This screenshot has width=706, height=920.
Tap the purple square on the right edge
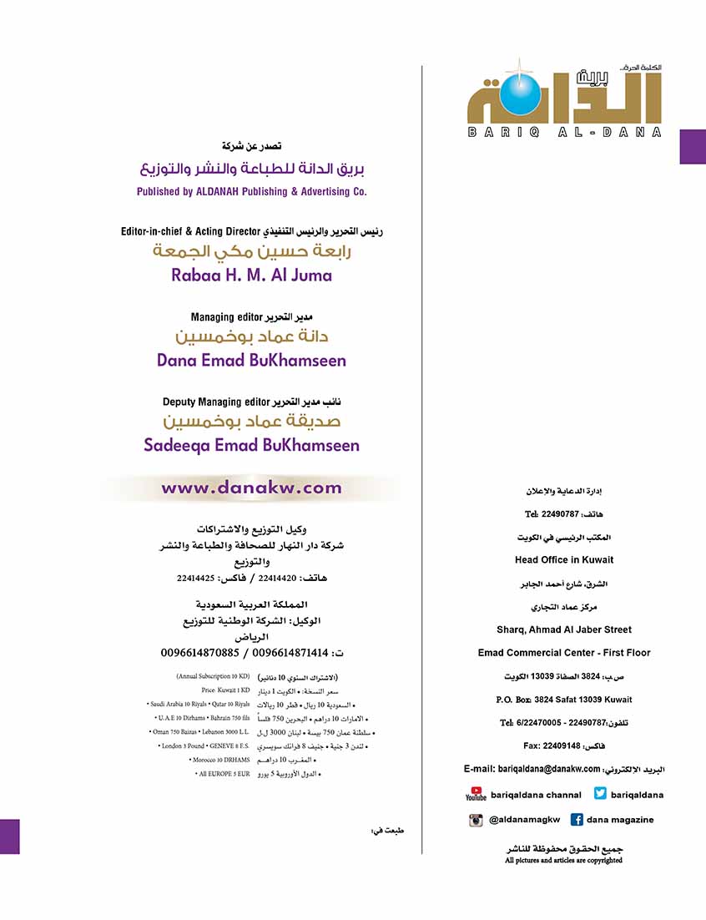pyautogui.click(x=693, y=146)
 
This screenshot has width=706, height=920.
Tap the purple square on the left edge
pyautogui.click(x=9, y=836)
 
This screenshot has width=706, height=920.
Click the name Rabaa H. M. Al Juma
pyautogui.click(x=251, y=275)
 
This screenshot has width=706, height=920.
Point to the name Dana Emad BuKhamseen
pyautogui.click(x=251, y=361)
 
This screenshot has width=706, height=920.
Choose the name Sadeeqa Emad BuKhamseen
pyautogui.click(x=251, y=445)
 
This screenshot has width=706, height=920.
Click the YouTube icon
pyautogui.click(x=476, y=794)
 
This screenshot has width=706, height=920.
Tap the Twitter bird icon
pyautogui.click(x=601, y=794)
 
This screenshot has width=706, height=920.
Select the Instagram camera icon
pyautogui.click(x=476, y=820)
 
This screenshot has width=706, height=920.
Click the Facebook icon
pyautogui.click(x=577, y=820)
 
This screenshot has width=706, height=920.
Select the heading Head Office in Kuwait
pyautogui.click(x=564, y=559)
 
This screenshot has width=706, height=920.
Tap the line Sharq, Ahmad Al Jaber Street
pyautogui.click(x=564, y=629)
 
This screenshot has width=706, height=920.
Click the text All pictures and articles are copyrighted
pyautogui.click(x=563, y=860)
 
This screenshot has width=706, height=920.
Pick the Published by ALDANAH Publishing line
pyautogui.click(x=251, y=191)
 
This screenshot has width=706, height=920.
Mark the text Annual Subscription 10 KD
pyautogui.click(x=214, y=675)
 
